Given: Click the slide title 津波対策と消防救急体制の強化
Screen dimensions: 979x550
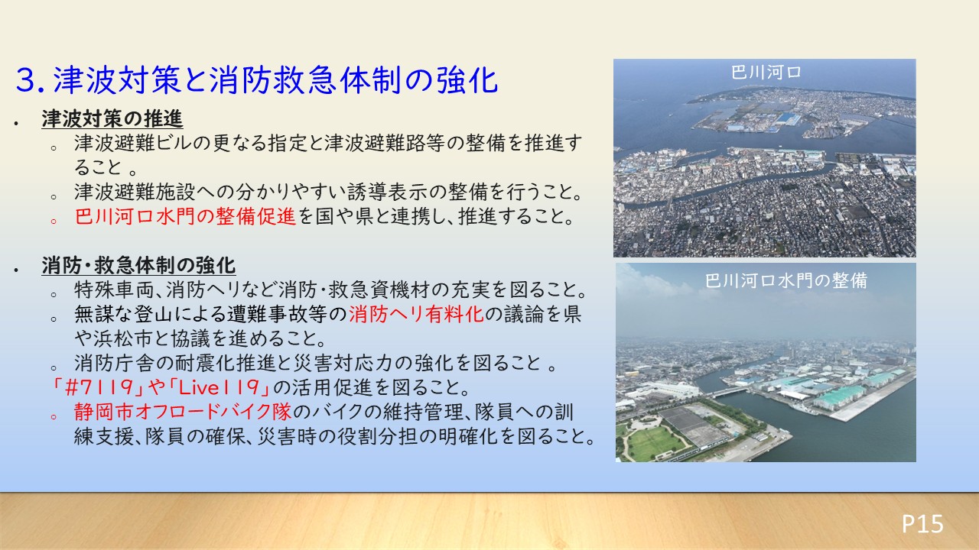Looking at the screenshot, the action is point(275,80).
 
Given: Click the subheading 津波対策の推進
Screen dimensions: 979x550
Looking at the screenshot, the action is point(112,118).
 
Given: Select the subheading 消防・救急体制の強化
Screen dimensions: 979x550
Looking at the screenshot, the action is point(138,265).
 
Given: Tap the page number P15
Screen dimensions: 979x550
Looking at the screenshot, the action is point(922,523).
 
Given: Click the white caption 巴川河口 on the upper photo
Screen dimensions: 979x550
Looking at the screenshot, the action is point(766,73).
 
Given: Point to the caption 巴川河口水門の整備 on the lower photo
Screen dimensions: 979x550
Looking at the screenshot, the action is point(786,280).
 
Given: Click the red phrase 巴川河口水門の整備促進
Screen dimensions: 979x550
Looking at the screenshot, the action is point(185,216).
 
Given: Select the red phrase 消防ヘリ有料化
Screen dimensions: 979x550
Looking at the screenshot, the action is point(417,314).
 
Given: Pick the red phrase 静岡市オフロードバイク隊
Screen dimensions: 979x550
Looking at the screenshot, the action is point(183,412).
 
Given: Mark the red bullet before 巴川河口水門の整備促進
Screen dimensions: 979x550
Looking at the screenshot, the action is point(54,221).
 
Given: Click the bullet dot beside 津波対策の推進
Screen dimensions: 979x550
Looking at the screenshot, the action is point(16,124).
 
